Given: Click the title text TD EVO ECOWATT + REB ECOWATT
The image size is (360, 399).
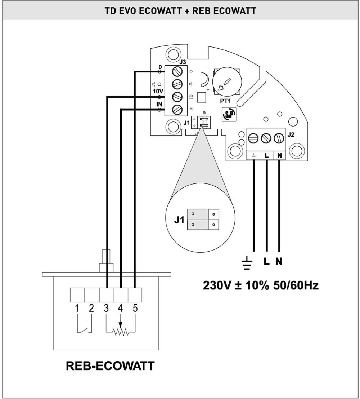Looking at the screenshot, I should pos(180,11).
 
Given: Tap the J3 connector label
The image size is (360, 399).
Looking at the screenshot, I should pos(183,63).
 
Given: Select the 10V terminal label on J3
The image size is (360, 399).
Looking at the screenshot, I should pos(158,92).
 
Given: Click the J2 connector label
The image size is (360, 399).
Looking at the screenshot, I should pos(292,135).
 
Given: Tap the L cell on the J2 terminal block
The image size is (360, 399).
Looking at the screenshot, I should pos(267,156).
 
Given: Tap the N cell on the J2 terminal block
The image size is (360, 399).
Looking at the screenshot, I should pos(279,156).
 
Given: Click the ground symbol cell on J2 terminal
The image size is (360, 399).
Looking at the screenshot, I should pos(253,156).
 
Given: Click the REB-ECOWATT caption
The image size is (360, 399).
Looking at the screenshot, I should pos(110,366).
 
